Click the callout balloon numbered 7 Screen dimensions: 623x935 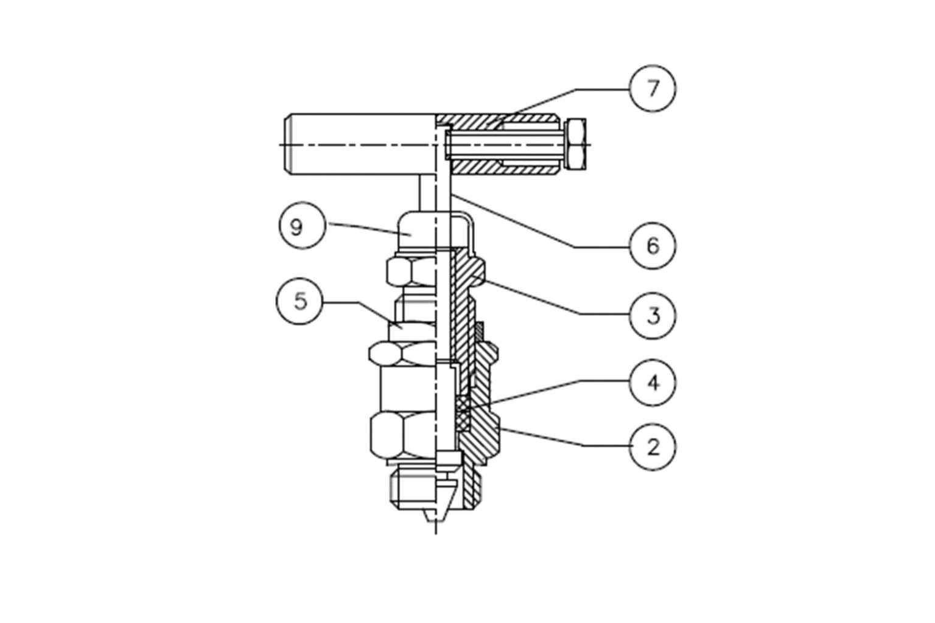[653, 88]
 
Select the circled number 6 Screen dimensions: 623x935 [653, 246]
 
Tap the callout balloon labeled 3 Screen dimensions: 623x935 [653, 316]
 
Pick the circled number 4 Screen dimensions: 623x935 [653, 383]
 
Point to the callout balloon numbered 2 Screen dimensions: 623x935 [653, 447]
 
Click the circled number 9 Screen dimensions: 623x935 [296, 227]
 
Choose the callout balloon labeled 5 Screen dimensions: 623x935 [300, 301]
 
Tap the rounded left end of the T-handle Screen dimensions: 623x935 [289, 144]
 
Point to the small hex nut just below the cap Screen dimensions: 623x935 [411, 271]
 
